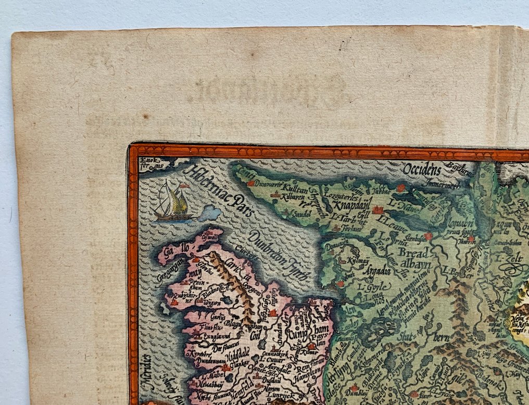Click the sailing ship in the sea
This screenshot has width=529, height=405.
[172, 201]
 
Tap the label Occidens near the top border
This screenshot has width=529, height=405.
[421, 169]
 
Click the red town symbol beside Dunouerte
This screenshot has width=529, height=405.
[251, 183]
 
